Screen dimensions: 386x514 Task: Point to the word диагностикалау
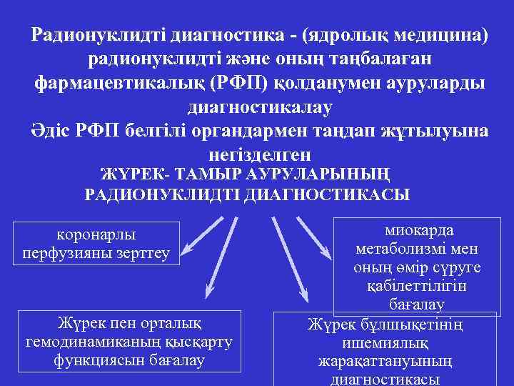click(x=259, y=107)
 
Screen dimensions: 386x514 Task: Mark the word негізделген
click(x=260, y=154)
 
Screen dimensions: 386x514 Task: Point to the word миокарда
click(x=418, y=231)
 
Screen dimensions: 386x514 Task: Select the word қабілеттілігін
click(x=417, y=286)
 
